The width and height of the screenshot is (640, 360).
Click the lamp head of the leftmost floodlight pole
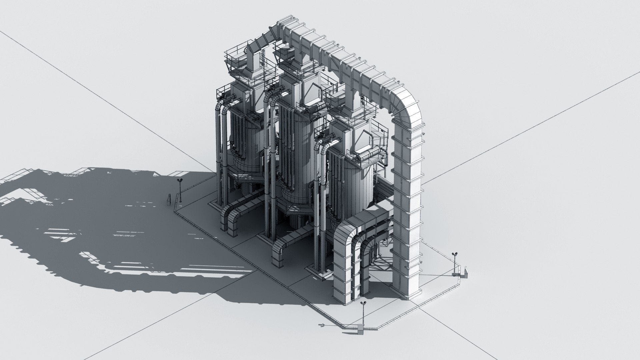[180, 180]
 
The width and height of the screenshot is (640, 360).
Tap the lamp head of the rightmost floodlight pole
[454, 254]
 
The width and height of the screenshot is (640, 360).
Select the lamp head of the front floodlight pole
[363, 303]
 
